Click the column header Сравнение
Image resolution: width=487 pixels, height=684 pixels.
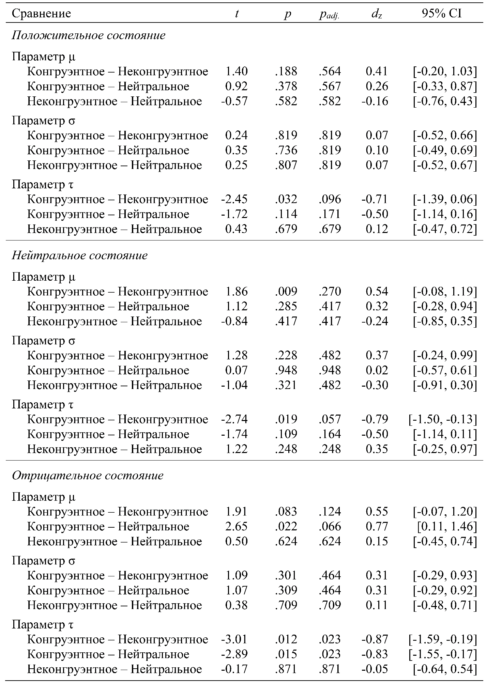(x=41, y=13)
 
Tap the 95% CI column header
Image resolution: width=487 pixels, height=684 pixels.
(x=442, y=13)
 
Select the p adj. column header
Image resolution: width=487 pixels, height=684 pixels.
(x=329, y=14)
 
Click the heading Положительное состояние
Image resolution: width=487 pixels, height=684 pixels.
(x=89, y=35)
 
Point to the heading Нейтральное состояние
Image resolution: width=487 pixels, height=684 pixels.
(x=80, y=255)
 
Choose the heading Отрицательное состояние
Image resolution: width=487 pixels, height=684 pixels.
(x=88, y=476)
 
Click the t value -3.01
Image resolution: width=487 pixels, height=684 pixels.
(x=234, y=639)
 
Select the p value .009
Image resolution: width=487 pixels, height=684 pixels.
(x=286, y=292)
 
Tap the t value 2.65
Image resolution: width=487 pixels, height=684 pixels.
(x=236, y=527)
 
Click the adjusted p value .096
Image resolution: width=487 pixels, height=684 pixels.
(x=330, y=199)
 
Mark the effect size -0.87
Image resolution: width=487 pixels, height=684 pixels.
(x=375, y=639)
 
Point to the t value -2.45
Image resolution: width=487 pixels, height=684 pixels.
(x=234, y=199)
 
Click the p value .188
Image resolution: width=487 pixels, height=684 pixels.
(x=286, y=72)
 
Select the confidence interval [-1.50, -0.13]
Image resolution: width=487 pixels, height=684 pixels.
(x=443, y=419)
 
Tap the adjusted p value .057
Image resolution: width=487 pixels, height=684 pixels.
(x=330, y=419)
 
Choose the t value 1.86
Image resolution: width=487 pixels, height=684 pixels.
(x=236, y=292)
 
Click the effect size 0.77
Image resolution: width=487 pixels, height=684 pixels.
(x=377, y=527)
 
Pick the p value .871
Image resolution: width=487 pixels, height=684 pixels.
(x=286, y=669)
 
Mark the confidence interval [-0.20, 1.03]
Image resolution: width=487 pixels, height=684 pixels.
(x=444, y=72)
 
